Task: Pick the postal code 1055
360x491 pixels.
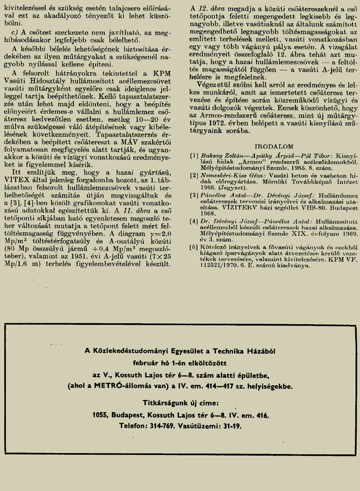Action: (x=101, y=416)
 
